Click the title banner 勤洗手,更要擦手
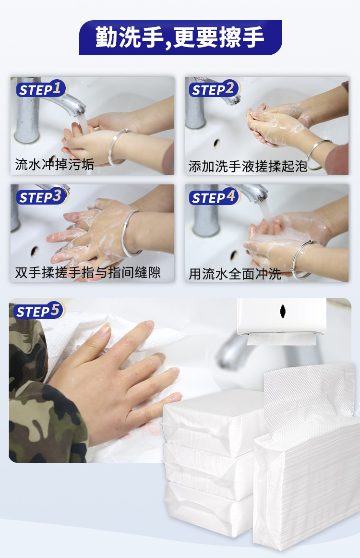[180, 37]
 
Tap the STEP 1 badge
[41, 89]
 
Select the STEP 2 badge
[215, 89]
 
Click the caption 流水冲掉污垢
[54, 164]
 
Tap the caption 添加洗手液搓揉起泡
[248, 166]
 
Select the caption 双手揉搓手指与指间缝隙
[88, 273]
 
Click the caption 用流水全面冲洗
[235, 274]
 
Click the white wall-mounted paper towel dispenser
[281, 317]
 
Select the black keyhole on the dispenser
[283, 311]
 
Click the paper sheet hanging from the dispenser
[281, 339]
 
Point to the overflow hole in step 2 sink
[216, 143]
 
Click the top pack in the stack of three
[214, 422]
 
